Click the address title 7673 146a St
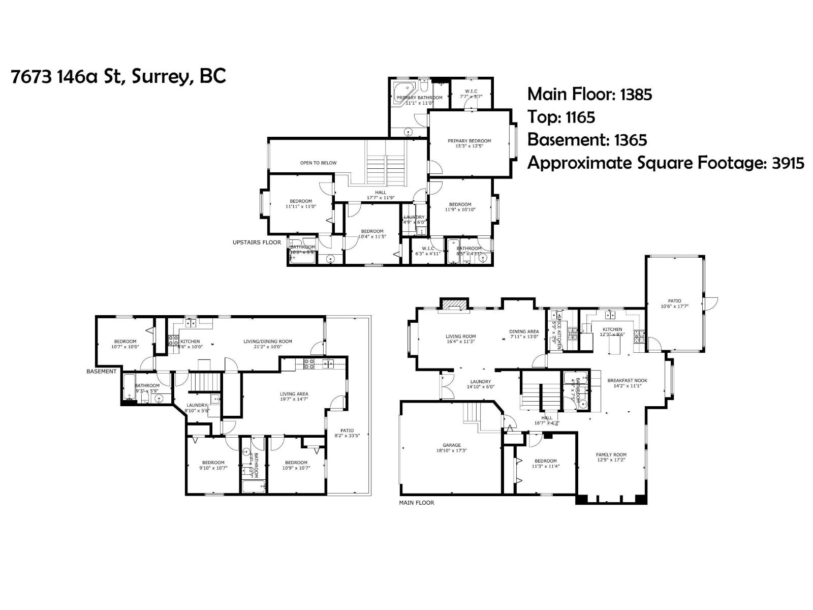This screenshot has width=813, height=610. tap(118, 77)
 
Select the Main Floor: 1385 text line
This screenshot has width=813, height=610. tap(589, 94)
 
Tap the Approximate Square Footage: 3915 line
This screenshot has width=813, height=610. tap(665, 163)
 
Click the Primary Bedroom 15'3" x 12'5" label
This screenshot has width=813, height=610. tap(469, 143)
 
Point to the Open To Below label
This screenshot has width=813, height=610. tap(318, 163)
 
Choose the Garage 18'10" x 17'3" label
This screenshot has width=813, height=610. tap(451, 447)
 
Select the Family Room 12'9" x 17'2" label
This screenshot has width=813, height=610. tap(611, 457)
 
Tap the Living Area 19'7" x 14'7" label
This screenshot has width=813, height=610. tap(294, 396)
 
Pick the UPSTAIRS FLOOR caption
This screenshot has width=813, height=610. tap(257, 242)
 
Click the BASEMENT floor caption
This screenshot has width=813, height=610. tap(101, 371)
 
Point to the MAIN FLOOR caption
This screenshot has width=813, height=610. tap(416, 503)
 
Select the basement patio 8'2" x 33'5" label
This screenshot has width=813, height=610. tap(347, 433)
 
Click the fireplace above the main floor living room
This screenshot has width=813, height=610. tap(453, 304)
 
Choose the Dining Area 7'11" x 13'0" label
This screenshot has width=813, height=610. tap(524, 334)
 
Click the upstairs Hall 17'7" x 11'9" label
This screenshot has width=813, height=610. tap(381, 195)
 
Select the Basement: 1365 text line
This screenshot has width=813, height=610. tap(587, 140)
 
